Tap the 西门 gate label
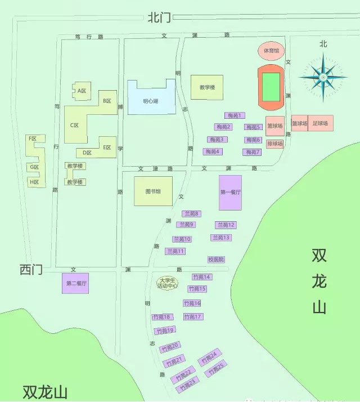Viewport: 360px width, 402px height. pos(31,270)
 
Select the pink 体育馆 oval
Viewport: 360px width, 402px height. pos(272,51)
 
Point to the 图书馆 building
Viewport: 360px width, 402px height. pos(152,191)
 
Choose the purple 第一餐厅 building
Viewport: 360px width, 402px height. pos(230,192)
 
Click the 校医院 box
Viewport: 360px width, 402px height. pos(216,260)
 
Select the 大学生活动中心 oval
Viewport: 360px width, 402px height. pos(168,283)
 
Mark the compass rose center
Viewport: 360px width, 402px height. pos(323,76)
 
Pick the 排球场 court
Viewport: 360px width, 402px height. pos(274,144)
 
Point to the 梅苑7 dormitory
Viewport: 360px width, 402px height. pos(253,152)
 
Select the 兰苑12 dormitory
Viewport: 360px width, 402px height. pos(225,225)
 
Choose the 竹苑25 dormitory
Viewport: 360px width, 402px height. pos(215,369)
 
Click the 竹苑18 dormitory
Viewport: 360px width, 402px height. pos(162,317)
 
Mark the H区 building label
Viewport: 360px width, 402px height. pos(35,182)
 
